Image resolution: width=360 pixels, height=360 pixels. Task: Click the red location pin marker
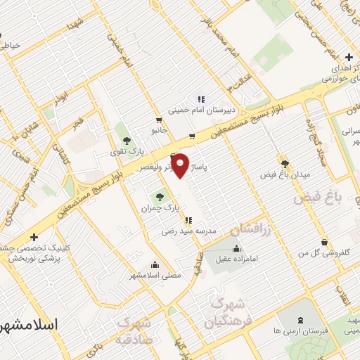tap(181, 166)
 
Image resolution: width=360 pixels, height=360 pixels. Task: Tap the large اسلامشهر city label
tap(29, 326)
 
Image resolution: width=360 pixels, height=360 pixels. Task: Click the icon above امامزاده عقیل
tap(236, 247)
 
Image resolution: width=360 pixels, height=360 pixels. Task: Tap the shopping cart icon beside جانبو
tap(192, 136)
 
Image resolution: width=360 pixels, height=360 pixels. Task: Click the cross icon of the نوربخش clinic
tap(34, 237)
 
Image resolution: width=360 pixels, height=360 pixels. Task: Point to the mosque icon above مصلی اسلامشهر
tap(155, 264)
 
